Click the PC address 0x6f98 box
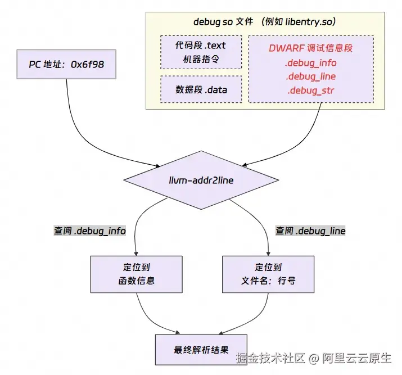66,64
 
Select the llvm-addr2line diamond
201,180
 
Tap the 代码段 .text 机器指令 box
201,52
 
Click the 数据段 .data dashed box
201,89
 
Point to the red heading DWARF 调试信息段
311,48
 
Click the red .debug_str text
311,91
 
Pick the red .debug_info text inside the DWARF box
311,63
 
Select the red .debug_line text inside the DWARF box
311,76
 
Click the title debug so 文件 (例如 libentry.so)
265,21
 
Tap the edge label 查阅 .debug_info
90,231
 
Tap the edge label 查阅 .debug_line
310,231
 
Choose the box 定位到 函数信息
137,274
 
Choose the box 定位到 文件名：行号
268,274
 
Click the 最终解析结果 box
201,350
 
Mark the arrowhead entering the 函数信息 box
136,254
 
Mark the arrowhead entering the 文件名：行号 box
268,254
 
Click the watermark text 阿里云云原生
357,358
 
